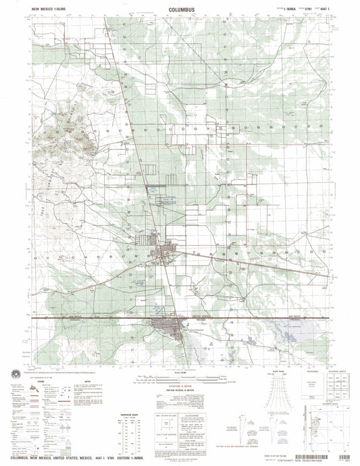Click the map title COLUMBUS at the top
(x=180, y=10)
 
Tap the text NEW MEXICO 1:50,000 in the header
(x=50, y=10)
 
